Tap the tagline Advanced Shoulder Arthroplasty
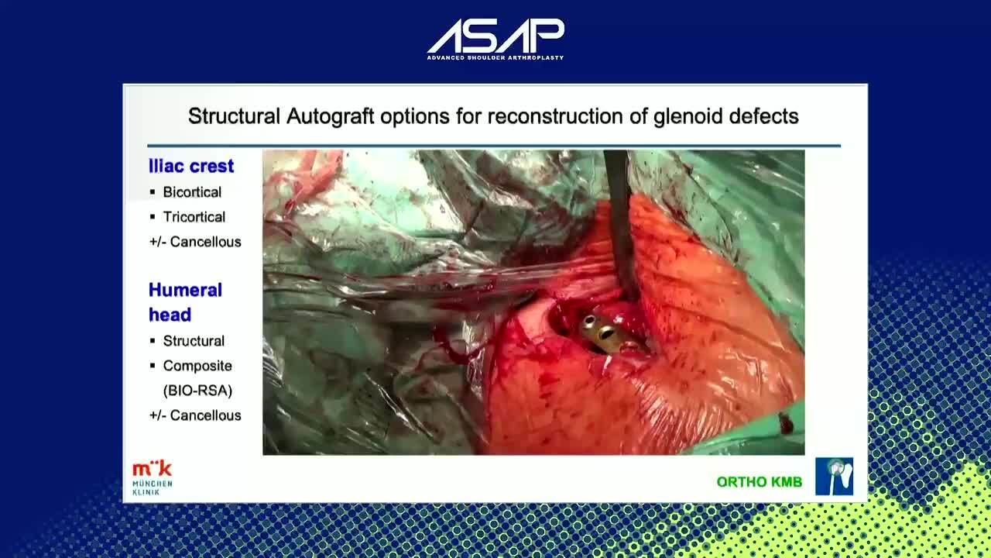click(x=495, y=57)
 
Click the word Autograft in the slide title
click(x=330, y=117)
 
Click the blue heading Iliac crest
click(x=191, y=166)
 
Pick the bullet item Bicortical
click(x=192, y=192)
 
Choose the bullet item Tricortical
click(x=194, y=217)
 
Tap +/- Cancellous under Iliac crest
click(x=195, y=242)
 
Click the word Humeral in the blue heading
click(x=185, y=290)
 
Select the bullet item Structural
click(x=194, y=341)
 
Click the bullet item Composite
click(x=197, y=366)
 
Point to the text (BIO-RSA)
click(x=197, y=391)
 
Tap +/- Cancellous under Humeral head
click(x=195, y=415)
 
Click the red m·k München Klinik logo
click(x=153, y=478)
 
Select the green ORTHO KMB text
click(x=760, y=482)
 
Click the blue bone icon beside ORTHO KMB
click(x=835, y=477)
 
